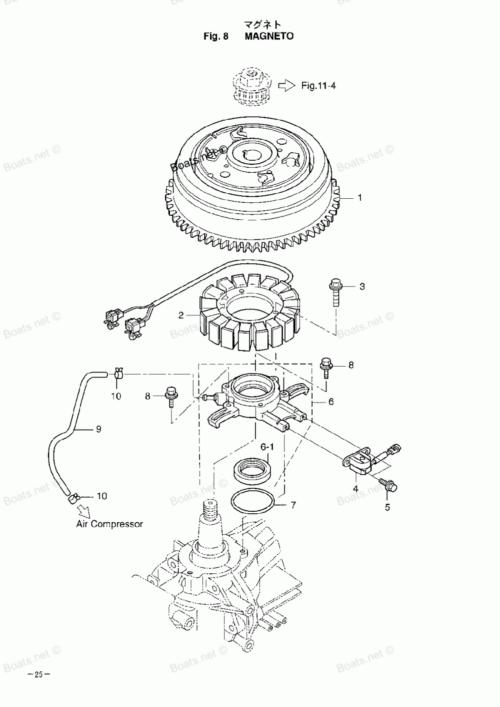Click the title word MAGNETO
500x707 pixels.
tap(269, 36)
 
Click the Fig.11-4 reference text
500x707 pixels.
tap(318, 86)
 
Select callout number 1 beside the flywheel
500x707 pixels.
tap(359, 198)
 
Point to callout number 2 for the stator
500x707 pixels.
tap(181, 315)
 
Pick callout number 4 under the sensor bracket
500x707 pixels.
tap(355, 488)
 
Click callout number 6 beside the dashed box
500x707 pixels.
tap(331, 402)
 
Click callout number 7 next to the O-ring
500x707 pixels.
tap(293, 505)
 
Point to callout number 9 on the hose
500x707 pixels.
tap(98, 429)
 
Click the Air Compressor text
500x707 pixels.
tap(109, 524)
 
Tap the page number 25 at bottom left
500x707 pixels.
tap(38, 674)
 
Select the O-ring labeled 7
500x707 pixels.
tap(252, 502)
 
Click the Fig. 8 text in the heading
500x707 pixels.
tap(216, 36)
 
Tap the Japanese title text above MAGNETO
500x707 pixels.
tap(262, 24)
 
